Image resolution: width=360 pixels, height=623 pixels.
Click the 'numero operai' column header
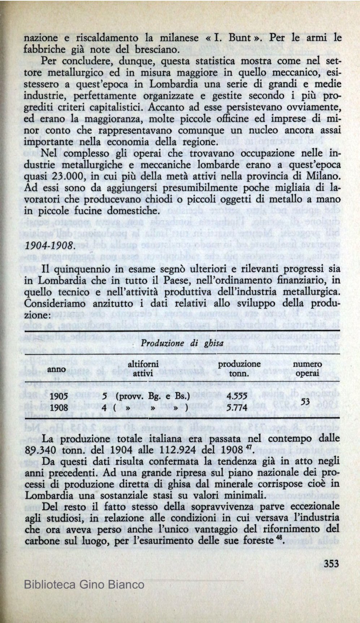(x=307, y=369)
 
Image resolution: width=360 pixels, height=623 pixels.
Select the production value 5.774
(x=237, y=408)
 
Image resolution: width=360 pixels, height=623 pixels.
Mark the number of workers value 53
(x=305, y=402)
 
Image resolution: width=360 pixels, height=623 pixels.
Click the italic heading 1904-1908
(x=50, y=245)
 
